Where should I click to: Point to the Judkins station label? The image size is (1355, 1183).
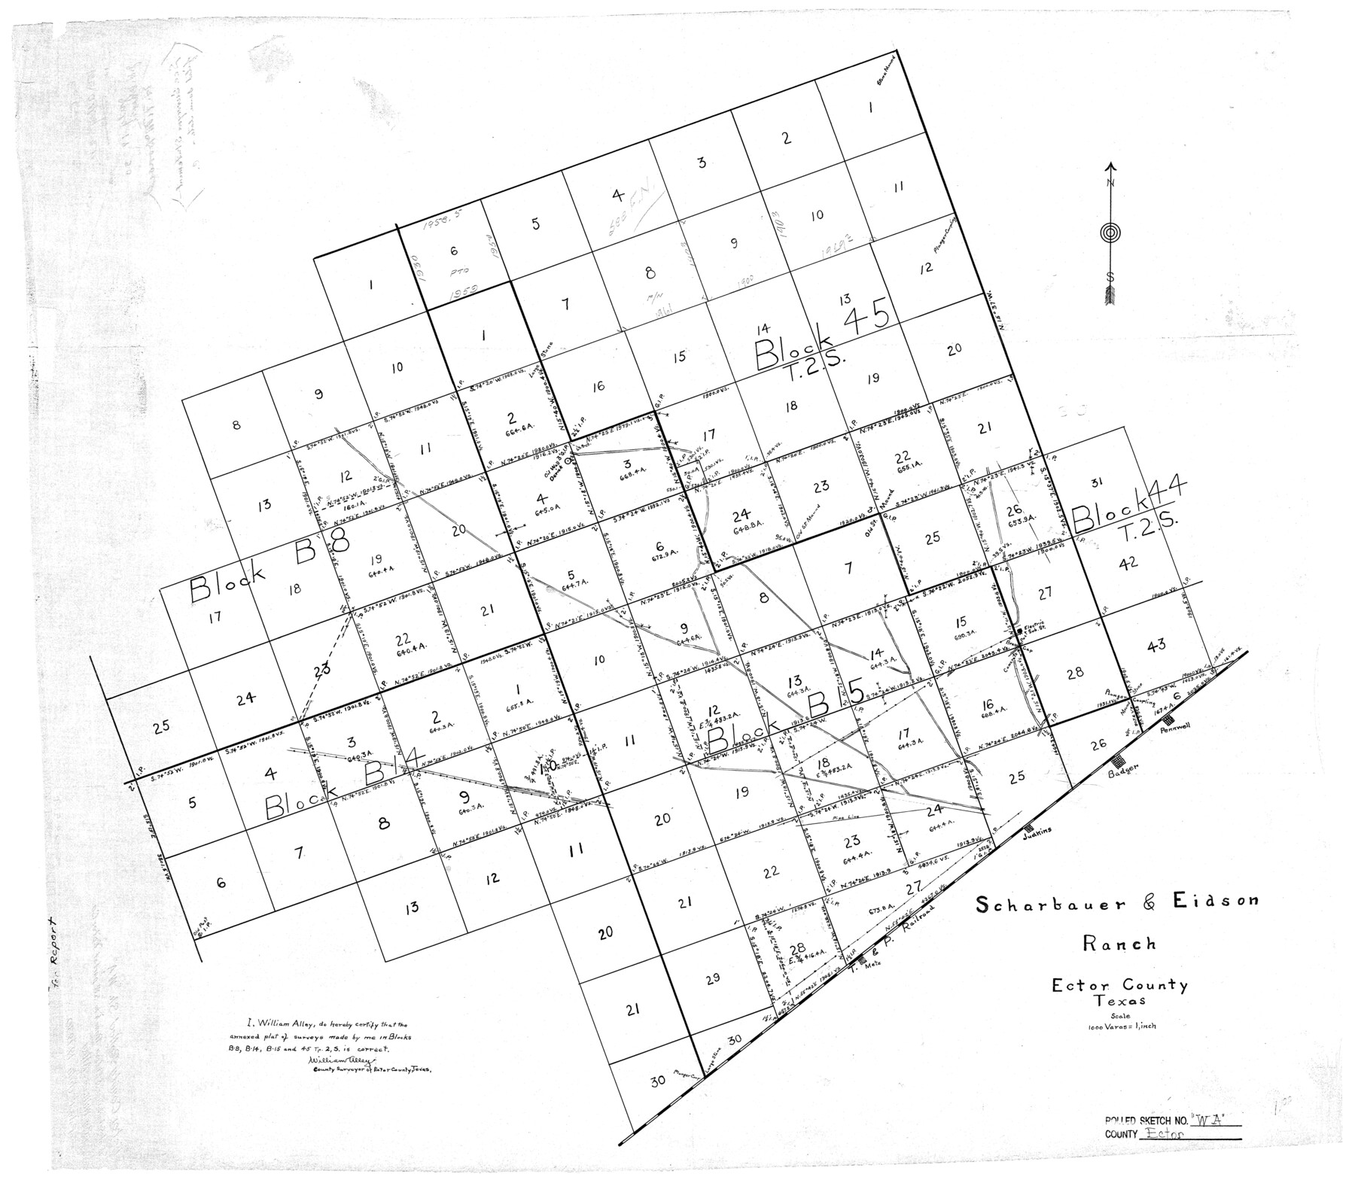[x=1035, y=829]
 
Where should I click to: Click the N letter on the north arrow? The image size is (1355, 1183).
[x=1110, y=183]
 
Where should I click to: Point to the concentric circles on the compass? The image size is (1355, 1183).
[x=1110, y=233]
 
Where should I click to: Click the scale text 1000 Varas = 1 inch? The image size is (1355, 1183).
[x=1119, y=1028]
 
